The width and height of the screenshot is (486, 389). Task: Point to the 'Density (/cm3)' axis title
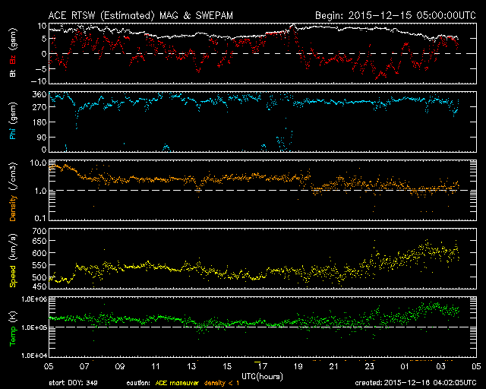[x=14, y=193]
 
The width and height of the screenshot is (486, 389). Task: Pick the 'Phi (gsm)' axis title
[x=14, y=125]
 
